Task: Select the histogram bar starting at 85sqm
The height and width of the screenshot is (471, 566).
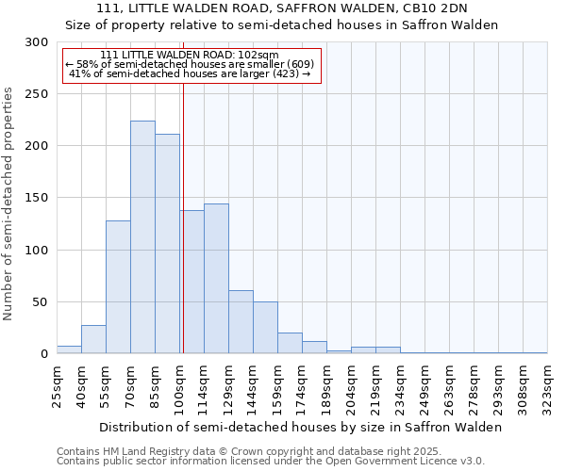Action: coord(167,244)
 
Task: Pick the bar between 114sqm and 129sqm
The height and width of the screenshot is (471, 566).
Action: coord(216,279)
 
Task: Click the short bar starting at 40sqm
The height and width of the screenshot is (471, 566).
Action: coord(93,339)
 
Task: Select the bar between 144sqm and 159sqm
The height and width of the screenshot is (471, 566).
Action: coord(265,328)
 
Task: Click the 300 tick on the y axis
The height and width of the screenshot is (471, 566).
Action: coord(38,42)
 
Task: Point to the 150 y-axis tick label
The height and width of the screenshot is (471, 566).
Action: coord(38,198)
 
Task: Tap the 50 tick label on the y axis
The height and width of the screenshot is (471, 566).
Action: coord(42,302)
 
